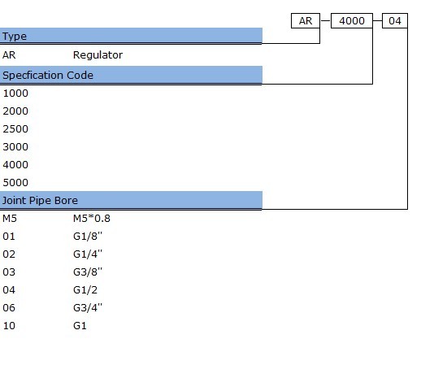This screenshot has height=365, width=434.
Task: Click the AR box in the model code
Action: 306,21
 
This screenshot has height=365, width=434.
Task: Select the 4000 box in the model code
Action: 352,21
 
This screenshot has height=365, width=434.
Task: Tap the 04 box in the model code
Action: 395,21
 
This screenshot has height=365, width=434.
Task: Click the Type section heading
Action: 15,37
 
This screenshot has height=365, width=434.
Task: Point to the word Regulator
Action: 98,55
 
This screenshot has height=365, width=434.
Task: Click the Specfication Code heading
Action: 48,76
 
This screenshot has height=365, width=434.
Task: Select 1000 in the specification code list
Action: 15,93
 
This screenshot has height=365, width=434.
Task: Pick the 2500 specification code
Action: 15,129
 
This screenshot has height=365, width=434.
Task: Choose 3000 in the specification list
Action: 15,147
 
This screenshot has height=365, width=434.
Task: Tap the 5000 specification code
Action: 15,182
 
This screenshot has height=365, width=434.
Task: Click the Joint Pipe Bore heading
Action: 40,201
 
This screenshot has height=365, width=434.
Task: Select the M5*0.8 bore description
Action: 92,219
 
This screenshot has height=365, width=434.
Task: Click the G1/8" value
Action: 88,237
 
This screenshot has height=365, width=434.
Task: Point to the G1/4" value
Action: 88,254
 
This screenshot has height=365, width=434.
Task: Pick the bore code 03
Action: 9,272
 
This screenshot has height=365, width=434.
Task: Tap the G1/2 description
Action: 85,290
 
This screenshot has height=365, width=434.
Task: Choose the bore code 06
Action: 9,307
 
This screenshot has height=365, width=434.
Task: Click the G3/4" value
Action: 88,307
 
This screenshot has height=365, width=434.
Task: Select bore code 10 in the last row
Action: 9,326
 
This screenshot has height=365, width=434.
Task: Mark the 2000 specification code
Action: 15,111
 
